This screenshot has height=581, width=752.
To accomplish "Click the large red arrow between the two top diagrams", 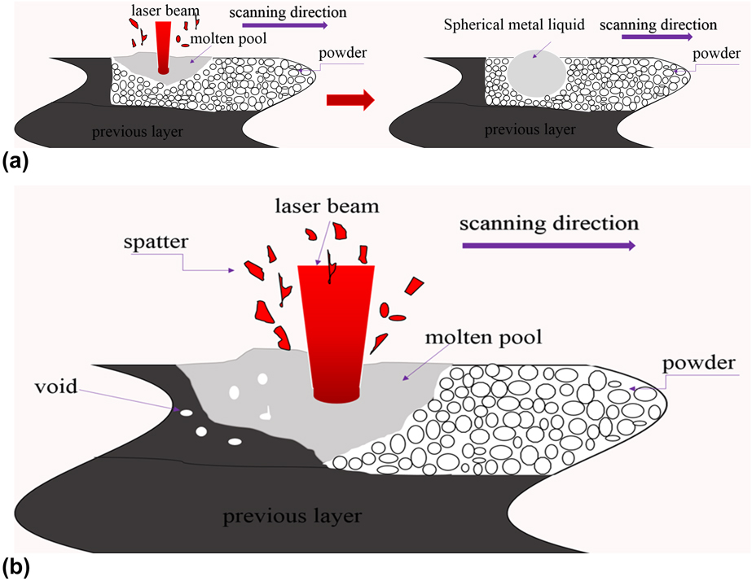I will tap(350, 100).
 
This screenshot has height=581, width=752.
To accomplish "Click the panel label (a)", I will tap(15, 162).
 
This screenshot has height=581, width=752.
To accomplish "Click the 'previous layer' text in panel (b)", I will tap(292, 516).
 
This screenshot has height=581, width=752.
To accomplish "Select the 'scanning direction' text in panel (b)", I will tap(549, 223).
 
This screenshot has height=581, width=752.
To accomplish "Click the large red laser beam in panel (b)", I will tap(336, 334).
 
